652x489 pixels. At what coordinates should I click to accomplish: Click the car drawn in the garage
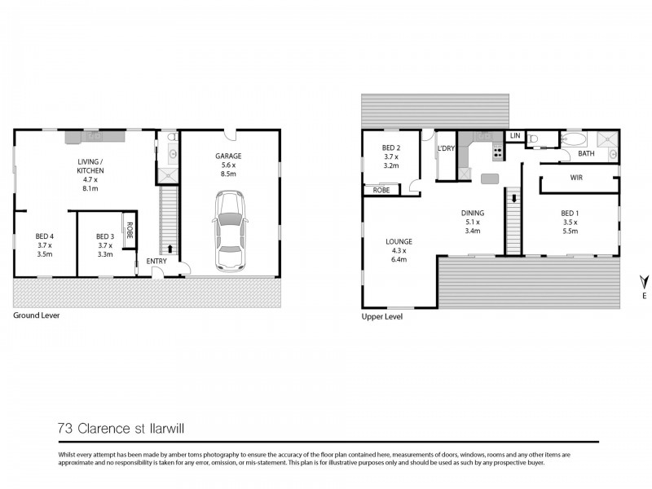[229, 231]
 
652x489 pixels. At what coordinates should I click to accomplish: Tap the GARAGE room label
[228, 156]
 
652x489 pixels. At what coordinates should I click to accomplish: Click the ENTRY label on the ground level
[156, 261]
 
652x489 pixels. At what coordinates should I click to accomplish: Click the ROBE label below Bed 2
[381, 189]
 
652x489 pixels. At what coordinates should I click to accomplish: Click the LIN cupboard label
[515, 135]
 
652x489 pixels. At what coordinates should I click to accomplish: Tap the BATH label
[586, 153]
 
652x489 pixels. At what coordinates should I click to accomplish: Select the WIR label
[576, 177]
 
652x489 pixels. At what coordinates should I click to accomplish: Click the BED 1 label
[570, 213]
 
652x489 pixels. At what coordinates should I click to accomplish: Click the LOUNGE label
[399, 241]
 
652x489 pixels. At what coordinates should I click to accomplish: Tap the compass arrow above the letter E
[644, 281]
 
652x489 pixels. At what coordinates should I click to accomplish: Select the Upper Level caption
[381, 317]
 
